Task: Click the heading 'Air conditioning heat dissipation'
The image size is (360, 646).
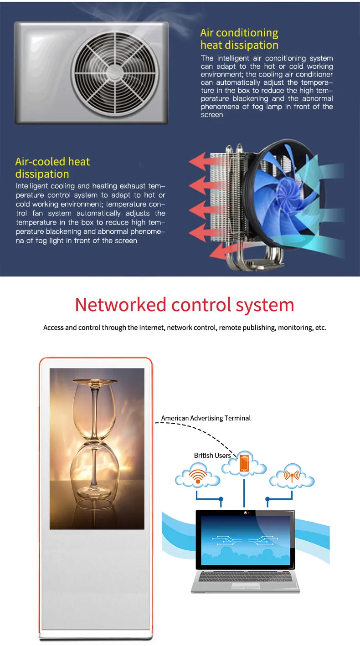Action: coord(239,39)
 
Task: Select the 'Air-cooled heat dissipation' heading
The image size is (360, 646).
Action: coord(52,168)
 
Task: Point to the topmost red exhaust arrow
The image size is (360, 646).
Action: coord(200,161)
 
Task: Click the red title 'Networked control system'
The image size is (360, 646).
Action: coord(184,305)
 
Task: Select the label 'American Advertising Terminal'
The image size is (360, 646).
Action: coord(206,418)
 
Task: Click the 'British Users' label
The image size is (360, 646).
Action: coord(212,456)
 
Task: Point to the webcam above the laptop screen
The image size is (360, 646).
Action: coord(245,513)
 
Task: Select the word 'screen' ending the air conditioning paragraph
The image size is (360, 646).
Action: coord(212,115)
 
